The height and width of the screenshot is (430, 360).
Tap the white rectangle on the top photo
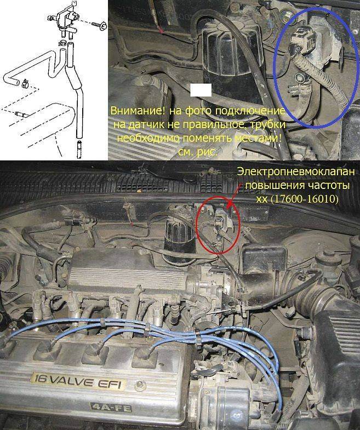click(201, 90)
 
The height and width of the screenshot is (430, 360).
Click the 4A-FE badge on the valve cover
click(111, 408)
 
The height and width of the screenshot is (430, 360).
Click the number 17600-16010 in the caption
click(305, 199)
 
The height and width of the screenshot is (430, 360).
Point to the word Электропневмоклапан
click(296, 172)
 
